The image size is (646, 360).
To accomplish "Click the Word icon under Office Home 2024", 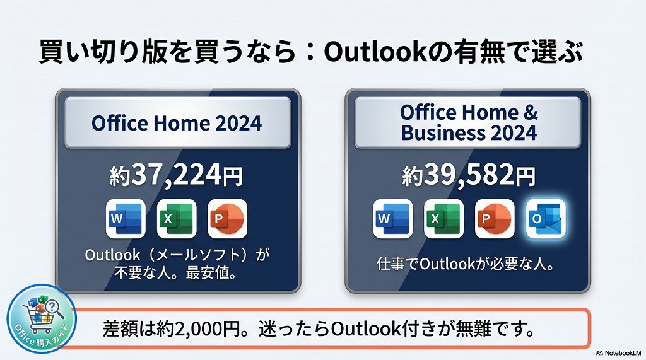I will click(126, 218).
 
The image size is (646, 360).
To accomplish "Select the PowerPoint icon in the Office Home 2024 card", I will click(227, 218).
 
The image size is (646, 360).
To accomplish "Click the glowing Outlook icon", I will click(546, 219).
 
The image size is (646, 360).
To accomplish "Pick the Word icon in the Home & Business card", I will click(393, 219).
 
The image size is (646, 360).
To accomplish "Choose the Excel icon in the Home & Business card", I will click(443, 219).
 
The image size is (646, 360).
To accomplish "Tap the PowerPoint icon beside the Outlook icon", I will click(495, 219).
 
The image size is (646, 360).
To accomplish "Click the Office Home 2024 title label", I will click(176, 122).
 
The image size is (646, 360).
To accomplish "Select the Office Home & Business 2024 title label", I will click(469, 122).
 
